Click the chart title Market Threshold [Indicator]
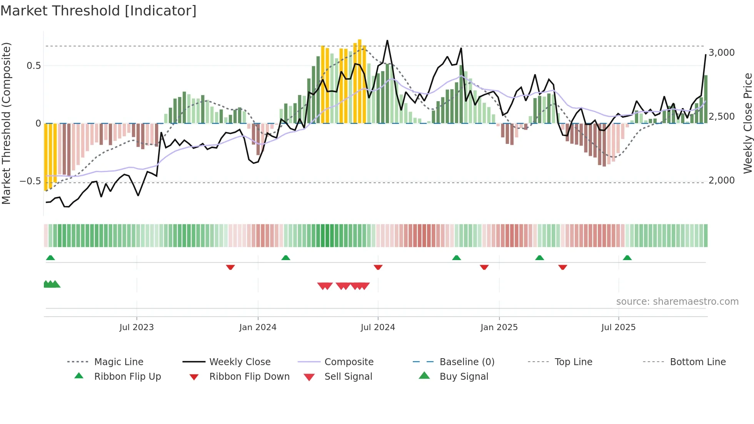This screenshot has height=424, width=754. [98, 11]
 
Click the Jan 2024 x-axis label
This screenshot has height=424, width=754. [258, 327]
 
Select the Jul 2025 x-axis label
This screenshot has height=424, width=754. [618, 327]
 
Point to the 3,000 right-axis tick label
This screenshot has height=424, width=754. [721, 53]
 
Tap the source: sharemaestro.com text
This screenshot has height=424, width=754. [677, 302]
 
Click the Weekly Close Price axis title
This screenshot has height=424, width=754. [747, 123]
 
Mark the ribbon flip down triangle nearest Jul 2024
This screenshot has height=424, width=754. [378, 267]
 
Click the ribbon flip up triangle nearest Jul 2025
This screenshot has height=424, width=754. [627, 258]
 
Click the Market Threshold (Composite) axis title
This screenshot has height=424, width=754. [6, 123]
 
